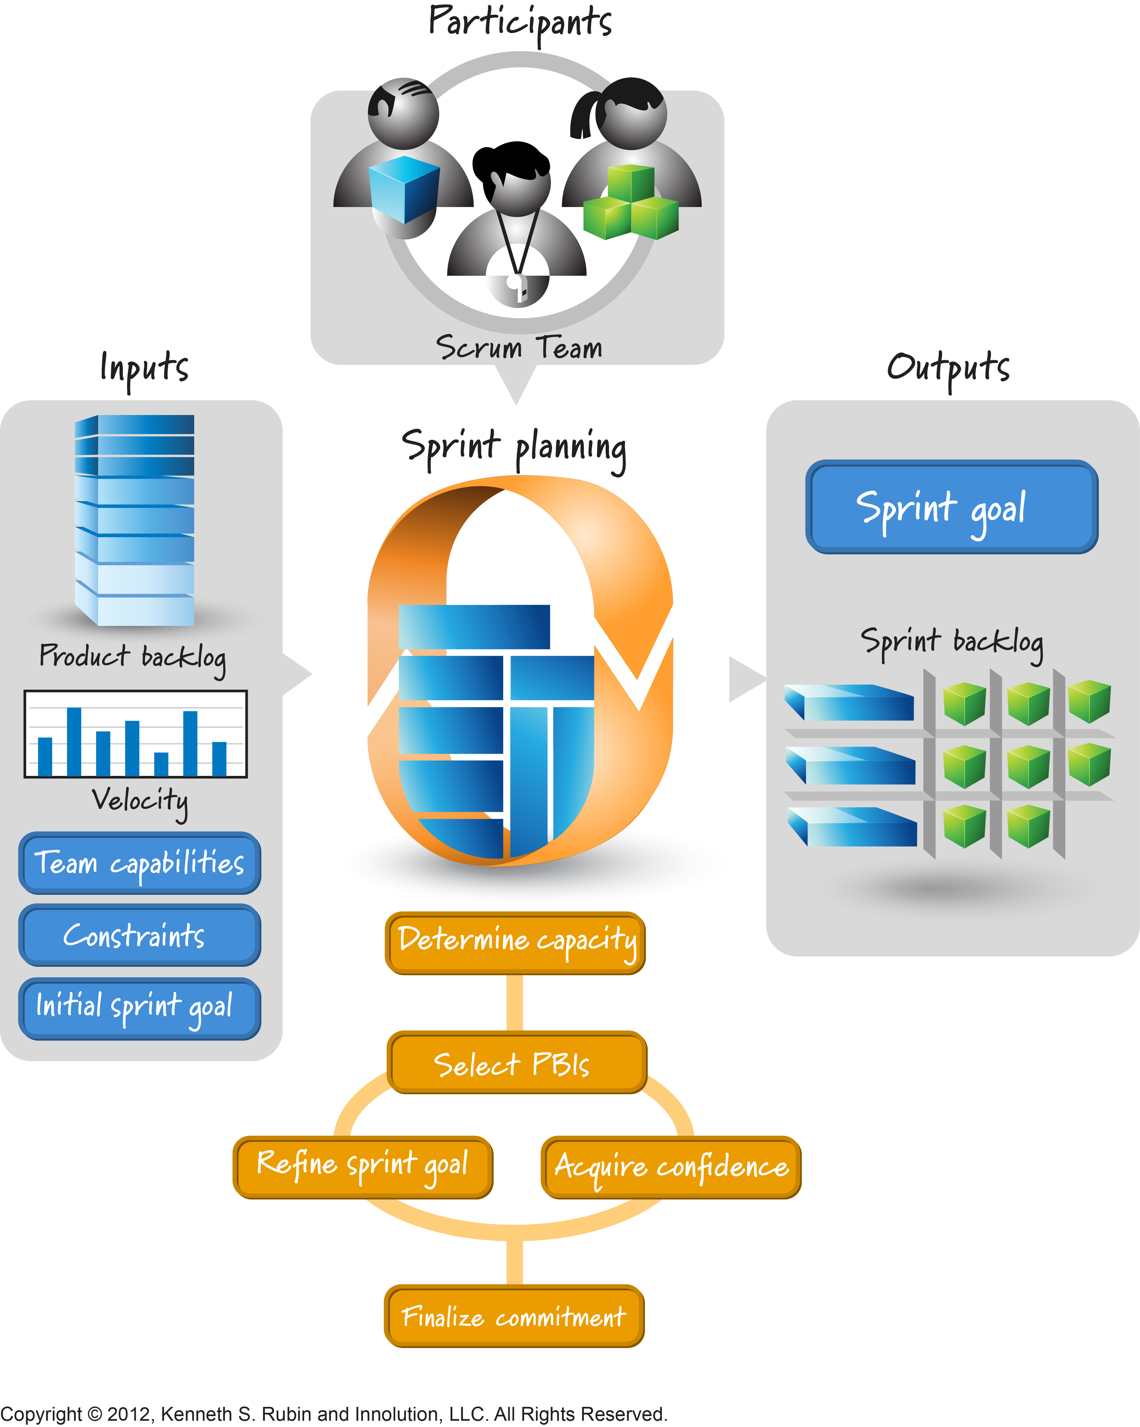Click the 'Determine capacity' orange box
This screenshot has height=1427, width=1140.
[x=515, y=943]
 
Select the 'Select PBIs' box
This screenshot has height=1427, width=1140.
[x=517, y=1063]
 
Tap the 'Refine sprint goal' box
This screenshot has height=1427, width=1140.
[x=363, y=1167]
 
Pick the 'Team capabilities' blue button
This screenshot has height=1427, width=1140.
[x=140, y=863]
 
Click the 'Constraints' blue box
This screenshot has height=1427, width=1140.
[x=140, y=935]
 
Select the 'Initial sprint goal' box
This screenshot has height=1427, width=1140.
[x=140, y=1008]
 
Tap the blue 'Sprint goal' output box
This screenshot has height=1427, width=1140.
[x=951, y=507]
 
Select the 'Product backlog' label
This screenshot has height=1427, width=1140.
[x=132, y=657]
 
